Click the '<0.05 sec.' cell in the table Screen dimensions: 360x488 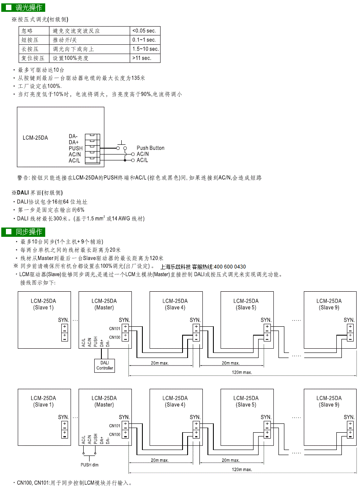tap(145, 31)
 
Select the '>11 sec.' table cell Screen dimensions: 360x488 tap(145, 58)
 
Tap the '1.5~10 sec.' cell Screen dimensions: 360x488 tap(145, 49)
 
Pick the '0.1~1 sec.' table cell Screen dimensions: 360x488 tap(145, 40)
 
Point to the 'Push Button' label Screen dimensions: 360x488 tap(150, 148)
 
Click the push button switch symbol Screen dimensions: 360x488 tap(121, 146)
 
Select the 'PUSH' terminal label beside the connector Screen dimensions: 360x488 tap(76, 148)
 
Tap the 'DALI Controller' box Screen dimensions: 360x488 tap(105, 366)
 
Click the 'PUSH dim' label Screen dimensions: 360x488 tap(90, 465)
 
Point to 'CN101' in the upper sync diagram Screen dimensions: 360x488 tap(115, 329)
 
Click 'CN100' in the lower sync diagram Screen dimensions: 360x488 tap(115, 434)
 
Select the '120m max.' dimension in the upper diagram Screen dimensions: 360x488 tap(242, 372)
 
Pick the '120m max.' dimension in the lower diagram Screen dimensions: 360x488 tap(242, 469)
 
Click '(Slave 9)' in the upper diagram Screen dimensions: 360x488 tap(329, 307)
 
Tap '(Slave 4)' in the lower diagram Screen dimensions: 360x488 tap(175, 404)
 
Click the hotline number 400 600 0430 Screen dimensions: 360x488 tap(230, 267)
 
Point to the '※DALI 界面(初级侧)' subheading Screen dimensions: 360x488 tap(37, 192)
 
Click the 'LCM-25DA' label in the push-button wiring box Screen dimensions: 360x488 tap(35, 138)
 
